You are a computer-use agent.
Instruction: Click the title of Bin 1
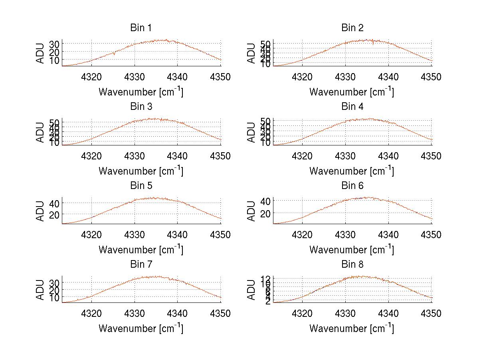click(141, 28)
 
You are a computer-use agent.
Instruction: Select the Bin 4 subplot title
click(352, 107)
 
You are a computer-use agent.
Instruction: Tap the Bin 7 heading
click(141, 265)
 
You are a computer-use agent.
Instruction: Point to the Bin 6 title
click(352, 186)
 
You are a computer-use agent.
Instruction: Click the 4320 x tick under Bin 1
click(92, 77)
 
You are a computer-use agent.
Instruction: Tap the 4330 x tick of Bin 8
click(345, 314)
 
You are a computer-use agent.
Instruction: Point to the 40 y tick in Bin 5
click(54, 203)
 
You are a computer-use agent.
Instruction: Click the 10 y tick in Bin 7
click(54, 298)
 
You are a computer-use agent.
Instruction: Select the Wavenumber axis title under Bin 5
click(141, 250)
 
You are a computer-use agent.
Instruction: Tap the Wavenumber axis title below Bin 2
click(352, 92)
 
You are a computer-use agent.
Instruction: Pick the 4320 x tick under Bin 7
click(92, 314)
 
